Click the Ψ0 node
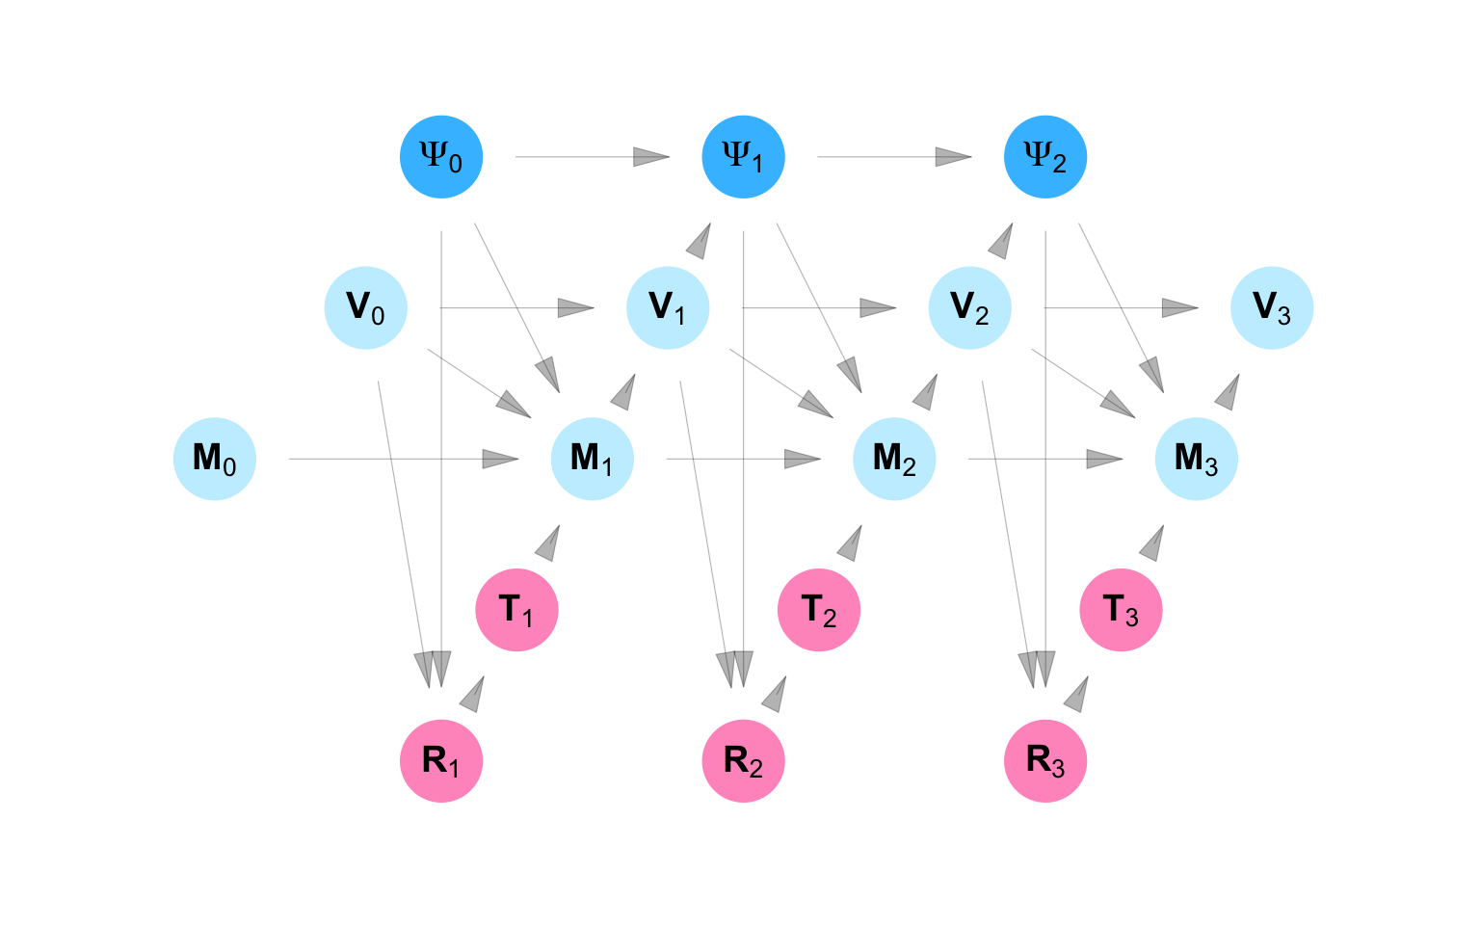click(x=441, y=157)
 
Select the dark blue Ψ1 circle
click(x=743, y=157)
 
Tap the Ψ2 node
click(x=1045, y=157)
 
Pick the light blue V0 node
click(x=366, y=308)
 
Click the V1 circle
click(x=668, y=308)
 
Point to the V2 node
click(x=970, y=308)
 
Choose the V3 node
click(x=1272, y=308)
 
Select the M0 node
click(x=215, y=459)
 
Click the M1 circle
click(x=593, y=459)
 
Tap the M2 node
click(x=894, y=459)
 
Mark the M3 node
click(x=1197, y=459)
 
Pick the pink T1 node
click(x=517, y=610)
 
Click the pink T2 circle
click(x=819, y=610)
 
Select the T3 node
click(x=1122, y=610)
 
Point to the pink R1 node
click(x=441, y=761)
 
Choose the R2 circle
click(x=743, y=761)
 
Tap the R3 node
click(x=1045, y=761)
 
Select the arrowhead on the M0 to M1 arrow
click(x=501, y=459)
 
